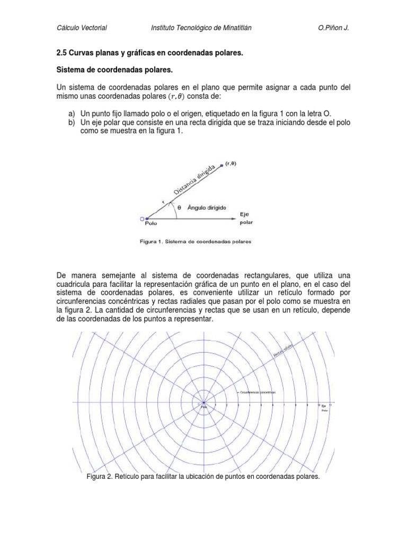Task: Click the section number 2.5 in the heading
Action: pyautogui.click(x=62, y=54)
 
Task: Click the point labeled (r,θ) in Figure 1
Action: pyautogui.click(x=222, y=166)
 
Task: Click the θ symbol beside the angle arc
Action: pyautogui.click(x=179, y=208)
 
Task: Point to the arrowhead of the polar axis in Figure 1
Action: pyautogui.click(x=234, y=218)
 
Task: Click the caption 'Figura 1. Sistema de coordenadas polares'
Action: pyautogui.click(x=196, y=241)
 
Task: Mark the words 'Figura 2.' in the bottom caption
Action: pyautogui.click(x=99, y=477)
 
